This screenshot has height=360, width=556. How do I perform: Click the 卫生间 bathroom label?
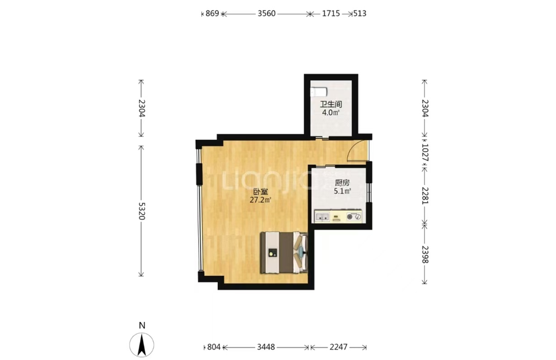pos(331,104)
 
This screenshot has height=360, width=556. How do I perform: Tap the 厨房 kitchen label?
pos(342,183)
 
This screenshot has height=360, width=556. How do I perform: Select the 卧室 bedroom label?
pos(260,192)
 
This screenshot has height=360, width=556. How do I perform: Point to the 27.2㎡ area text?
pos(260,200)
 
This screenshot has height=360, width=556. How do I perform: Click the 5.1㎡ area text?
pos(342,192)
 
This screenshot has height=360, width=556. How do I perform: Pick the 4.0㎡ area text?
pos(331,113)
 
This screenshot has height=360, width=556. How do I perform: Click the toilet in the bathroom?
pos(319,92)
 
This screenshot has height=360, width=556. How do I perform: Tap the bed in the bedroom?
pos(284,253)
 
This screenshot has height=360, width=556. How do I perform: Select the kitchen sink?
pos(322,216)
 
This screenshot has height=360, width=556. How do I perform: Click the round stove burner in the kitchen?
pos(350,216)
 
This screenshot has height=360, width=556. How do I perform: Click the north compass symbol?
pos(142,345)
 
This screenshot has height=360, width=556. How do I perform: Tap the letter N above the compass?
pos(142,325)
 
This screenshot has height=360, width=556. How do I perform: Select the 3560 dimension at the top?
pos(266,14)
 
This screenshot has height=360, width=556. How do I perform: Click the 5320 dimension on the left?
pos(141,211)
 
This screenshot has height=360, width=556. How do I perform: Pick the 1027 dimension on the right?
pos(425,152)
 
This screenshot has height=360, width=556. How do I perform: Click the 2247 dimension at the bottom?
pos(339,347)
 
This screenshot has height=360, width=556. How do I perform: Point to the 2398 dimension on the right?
pos(425,254)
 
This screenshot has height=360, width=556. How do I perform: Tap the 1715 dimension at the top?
pos(331,14)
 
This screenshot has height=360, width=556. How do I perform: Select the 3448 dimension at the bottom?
pos(266,347)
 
